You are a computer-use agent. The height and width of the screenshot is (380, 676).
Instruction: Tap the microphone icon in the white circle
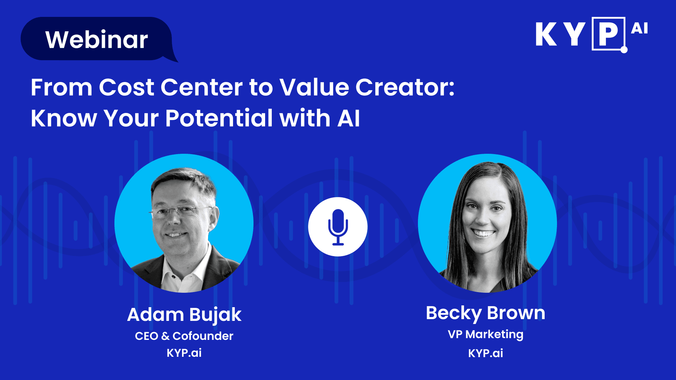click(x=338, y=227)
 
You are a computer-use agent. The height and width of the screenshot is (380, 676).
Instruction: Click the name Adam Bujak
click(x=184, y=315)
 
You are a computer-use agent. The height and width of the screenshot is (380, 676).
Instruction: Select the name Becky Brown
click(x=486, y=313)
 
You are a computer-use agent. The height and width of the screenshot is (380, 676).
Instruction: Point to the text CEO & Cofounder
click(x=184, y=336)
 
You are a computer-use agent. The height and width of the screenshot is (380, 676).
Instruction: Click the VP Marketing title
click(x=486, y=335)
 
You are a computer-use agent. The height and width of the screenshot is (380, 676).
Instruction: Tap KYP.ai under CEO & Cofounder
click(x=184, y=353)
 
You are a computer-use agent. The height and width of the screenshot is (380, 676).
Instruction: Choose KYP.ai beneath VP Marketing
click(x=486, y=353)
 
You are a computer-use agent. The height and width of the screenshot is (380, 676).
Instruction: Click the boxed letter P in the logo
click(x=608, y=34)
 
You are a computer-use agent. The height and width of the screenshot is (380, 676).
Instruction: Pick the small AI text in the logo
click(x=639, y=28)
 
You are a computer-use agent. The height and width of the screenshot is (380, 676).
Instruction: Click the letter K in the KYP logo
click(x=546, y=34)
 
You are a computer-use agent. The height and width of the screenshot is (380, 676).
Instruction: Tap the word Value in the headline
click(x=314, y=87)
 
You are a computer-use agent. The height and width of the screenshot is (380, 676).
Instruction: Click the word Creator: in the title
click(x=405, y=87)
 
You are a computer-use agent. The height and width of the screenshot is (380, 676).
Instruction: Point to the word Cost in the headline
click(x=126, y=87)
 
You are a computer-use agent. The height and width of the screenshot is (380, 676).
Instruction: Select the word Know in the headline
click(x=64, y=118)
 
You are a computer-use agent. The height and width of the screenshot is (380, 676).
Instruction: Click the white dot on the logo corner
click(x=624, y=50)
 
